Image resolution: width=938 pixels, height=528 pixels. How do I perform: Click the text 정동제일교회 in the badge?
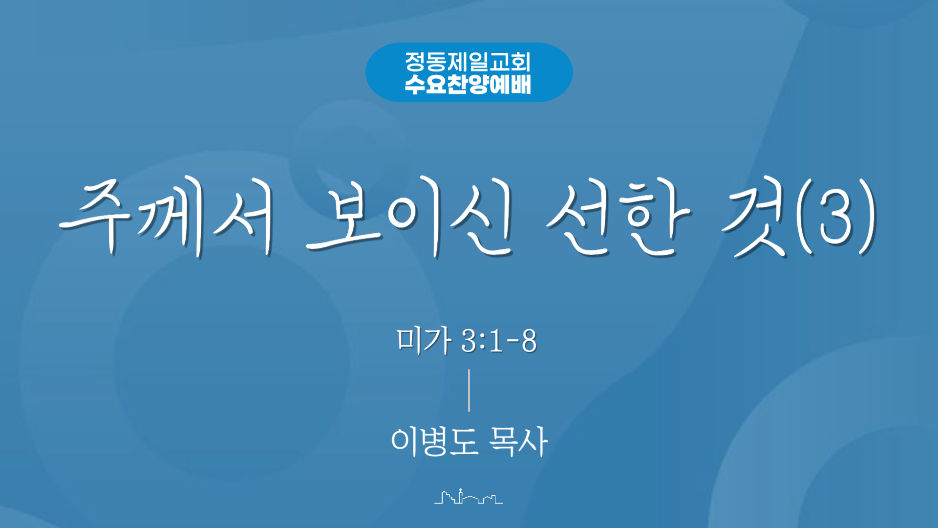pos(468,62)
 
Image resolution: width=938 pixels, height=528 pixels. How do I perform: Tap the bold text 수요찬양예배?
pos(468,84)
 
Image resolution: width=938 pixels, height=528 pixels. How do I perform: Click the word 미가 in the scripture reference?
pos(424,340)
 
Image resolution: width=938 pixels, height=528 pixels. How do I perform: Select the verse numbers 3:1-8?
pos(499,341)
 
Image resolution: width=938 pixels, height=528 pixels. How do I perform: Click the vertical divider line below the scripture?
pos(469,390)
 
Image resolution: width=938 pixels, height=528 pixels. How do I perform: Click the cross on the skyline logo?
pos(460,490)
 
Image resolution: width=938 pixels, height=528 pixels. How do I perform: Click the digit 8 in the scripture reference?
pos(529,341)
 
